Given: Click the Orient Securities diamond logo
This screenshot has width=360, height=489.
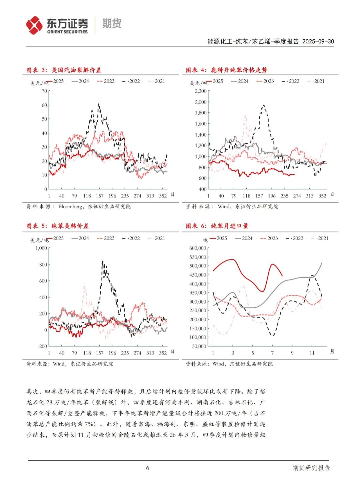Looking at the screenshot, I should point(34,25).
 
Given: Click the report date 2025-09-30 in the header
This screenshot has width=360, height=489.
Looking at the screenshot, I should point(318,41).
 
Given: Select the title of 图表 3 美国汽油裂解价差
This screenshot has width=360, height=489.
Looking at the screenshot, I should point(64,70).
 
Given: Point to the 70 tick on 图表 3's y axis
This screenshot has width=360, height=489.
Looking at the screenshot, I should point(44,91).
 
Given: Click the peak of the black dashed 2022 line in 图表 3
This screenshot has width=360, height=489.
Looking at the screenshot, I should point(98,104).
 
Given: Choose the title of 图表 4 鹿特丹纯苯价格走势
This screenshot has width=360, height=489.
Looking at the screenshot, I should point(226,70).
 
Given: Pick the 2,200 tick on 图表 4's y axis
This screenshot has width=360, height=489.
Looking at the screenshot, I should point(201,91).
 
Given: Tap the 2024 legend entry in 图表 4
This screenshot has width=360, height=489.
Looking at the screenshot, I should point(240,81).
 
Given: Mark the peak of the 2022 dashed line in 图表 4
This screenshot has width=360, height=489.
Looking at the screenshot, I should point(263,105).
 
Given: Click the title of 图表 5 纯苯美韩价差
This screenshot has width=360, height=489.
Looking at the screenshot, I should point(57,226).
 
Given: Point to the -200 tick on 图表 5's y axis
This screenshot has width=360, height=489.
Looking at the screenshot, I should point(42,346).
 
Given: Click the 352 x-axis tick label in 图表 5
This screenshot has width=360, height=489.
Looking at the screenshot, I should point(163,353).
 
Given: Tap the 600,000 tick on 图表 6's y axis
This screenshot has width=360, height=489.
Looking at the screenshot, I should point(198,248).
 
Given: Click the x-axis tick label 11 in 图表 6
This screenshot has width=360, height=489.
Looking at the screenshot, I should point(312,353).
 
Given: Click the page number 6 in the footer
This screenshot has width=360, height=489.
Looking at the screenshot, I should point(148,468).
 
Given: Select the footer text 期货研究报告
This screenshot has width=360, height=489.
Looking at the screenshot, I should point(311,468).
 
